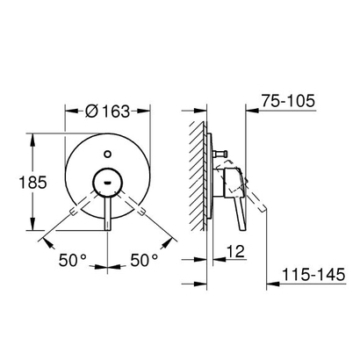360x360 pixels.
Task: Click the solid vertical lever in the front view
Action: (x=107, y=211)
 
